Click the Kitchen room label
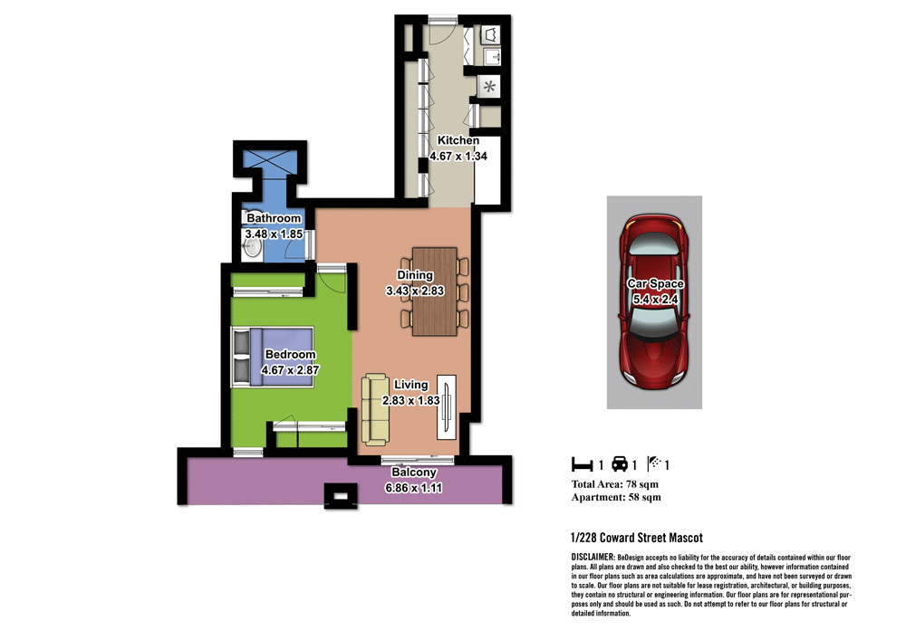pyautogui.click(x=458, y=141)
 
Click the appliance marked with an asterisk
pyautogui.click(x=490, y=88)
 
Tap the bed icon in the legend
pyautogui.click(x=581, y=465)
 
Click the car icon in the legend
pyautogui.click(x=620, y=465)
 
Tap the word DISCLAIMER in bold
pyautogui.click(x=593, y=556)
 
